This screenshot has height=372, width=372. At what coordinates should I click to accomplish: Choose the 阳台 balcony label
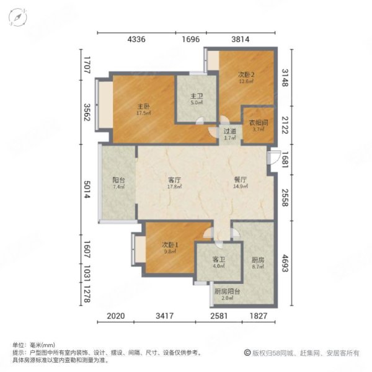(x=119, y=180)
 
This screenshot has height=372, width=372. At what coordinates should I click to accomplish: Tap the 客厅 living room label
(x=174, y=180)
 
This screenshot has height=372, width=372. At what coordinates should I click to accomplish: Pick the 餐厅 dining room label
(x=241, y=180)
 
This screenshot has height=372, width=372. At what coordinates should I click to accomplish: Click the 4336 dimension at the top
(x=136, y=39)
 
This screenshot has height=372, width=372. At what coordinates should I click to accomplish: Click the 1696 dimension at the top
(x=191, y=39)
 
